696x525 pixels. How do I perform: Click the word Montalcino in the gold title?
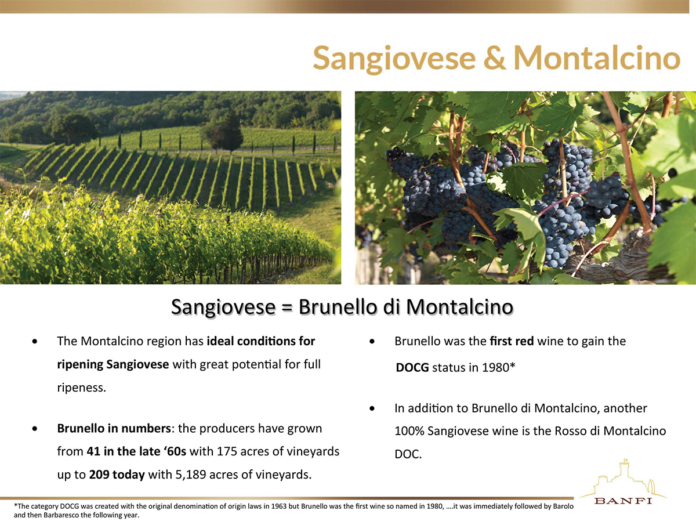pyautogui.click(x=597, y=57)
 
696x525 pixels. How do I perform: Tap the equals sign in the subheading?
pyautogui.click(x=287, y=308)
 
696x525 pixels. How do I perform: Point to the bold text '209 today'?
pyautogui.click(x=117, y=475)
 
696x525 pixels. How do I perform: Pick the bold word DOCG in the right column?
pyautogui.click(x=412, y=367)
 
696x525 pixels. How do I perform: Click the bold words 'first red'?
pyautogui.click(x=512, y=341)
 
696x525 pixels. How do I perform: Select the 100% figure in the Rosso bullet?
pyautogui.click(x=409, y=431)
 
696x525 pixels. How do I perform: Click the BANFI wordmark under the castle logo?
pyautogui.click(x=623, y=501)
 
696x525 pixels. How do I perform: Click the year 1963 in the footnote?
pyautogui.click(x=278, y=506)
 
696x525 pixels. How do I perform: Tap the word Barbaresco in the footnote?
pyautogui.click(x=61, y=515)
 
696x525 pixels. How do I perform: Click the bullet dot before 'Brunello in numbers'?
pyautogui.click(x=35, y=429)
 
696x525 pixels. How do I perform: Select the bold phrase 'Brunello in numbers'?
pyautogui.click(x=114, y=428)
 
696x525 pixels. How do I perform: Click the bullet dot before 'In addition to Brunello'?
pyautogui.click(x=372, y=408)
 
